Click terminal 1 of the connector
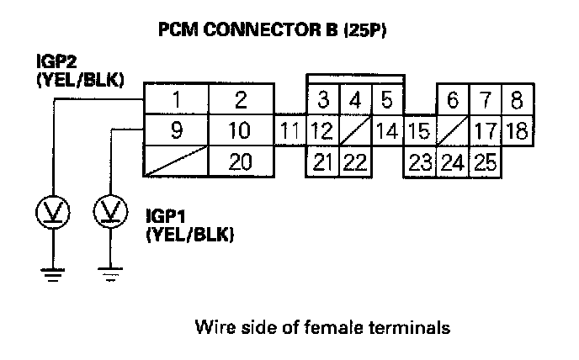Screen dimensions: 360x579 [x=176, y=100]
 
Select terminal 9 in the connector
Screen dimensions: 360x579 [x=176, y=130]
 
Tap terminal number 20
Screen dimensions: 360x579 [x=241, y=161]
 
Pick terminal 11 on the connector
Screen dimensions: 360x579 [x=289, y=131]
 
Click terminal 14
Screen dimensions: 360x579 [x=387, y=131]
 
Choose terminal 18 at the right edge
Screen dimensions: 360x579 [x=518, y=131]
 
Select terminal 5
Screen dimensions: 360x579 [x=387, y=101]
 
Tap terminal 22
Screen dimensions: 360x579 [x=354, y=161]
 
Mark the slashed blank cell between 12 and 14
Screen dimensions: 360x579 [x=354, y=131]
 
